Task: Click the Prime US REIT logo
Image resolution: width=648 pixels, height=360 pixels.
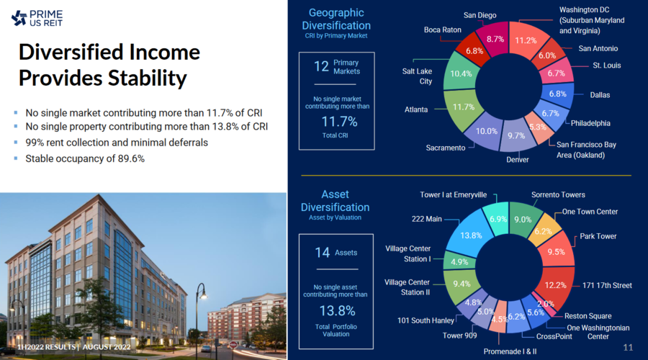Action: click(x=37, y=17)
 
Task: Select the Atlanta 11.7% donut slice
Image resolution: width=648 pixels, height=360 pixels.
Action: click(x=463, y=107)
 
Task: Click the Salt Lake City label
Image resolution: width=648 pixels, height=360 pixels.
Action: click(x=417, y=76)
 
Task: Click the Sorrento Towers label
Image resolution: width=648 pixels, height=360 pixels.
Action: click(x=558, y=194)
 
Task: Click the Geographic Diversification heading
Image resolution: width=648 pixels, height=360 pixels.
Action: click(x=336, y=19)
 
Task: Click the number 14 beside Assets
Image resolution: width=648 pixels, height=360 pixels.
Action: click(x=322, y=253)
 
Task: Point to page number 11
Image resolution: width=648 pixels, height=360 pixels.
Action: click(x=627, y=348)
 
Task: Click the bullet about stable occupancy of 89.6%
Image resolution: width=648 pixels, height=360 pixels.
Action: click(x=85, y=158)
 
